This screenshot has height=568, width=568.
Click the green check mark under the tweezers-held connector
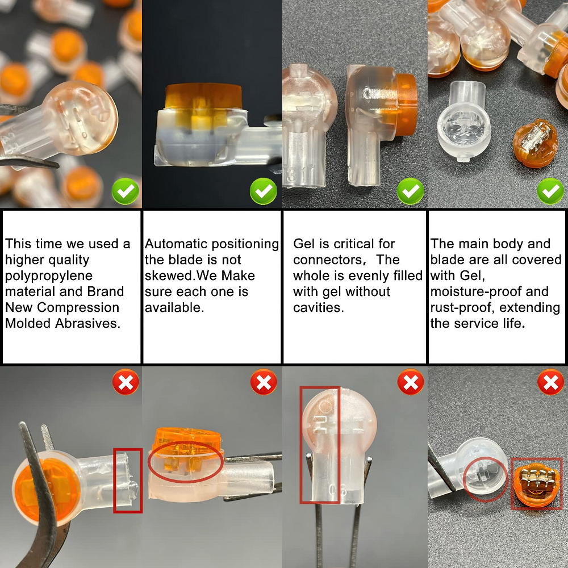[x=126, y=191]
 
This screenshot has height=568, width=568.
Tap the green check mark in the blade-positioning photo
[x=264, y=191]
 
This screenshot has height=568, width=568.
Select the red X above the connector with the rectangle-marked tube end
[x=126, y=382]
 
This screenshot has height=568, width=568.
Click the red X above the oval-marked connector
[x=264, y=382]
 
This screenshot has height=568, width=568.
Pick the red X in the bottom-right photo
[x=550, y=382]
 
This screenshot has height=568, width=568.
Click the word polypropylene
[x=48, y=275]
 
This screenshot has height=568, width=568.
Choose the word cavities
[x=319, y=307]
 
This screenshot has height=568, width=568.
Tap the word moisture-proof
[x=490, y=291]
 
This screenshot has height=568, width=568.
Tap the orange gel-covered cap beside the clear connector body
[x=536, y=145]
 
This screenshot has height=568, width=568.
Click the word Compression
[x=78, y=307]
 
